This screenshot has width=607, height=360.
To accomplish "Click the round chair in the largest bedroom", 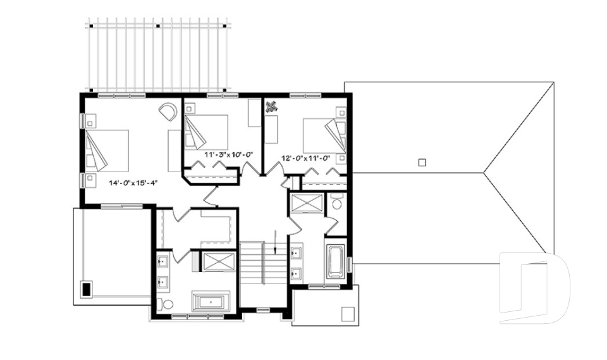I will click(x=168, y=111).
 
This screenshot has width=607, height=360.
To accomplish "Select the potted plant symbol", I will click(x=272, y=106).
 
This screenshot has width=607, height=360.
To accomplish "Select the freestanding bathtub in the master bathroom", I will click(x=212, y=301).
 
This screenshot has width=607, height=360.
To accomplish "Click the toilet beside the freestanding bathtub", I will click(x=168, y=305).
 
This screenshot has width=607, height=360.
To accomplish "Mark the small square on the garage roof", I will click(x=422, y=162).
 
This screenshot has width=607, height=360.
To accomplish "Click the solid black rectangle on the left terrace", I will click(x=85, y=290).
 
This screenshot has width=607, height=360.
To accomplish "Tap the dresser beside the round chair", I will click(x=174, y=151).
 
